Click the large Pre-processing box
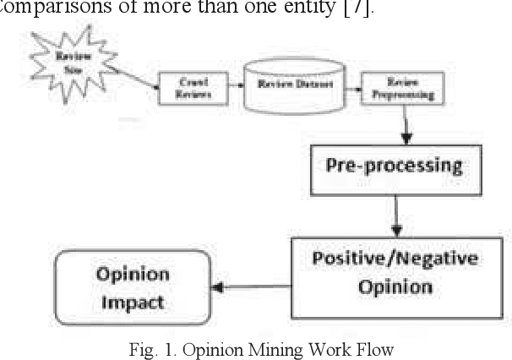(395, 165)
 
